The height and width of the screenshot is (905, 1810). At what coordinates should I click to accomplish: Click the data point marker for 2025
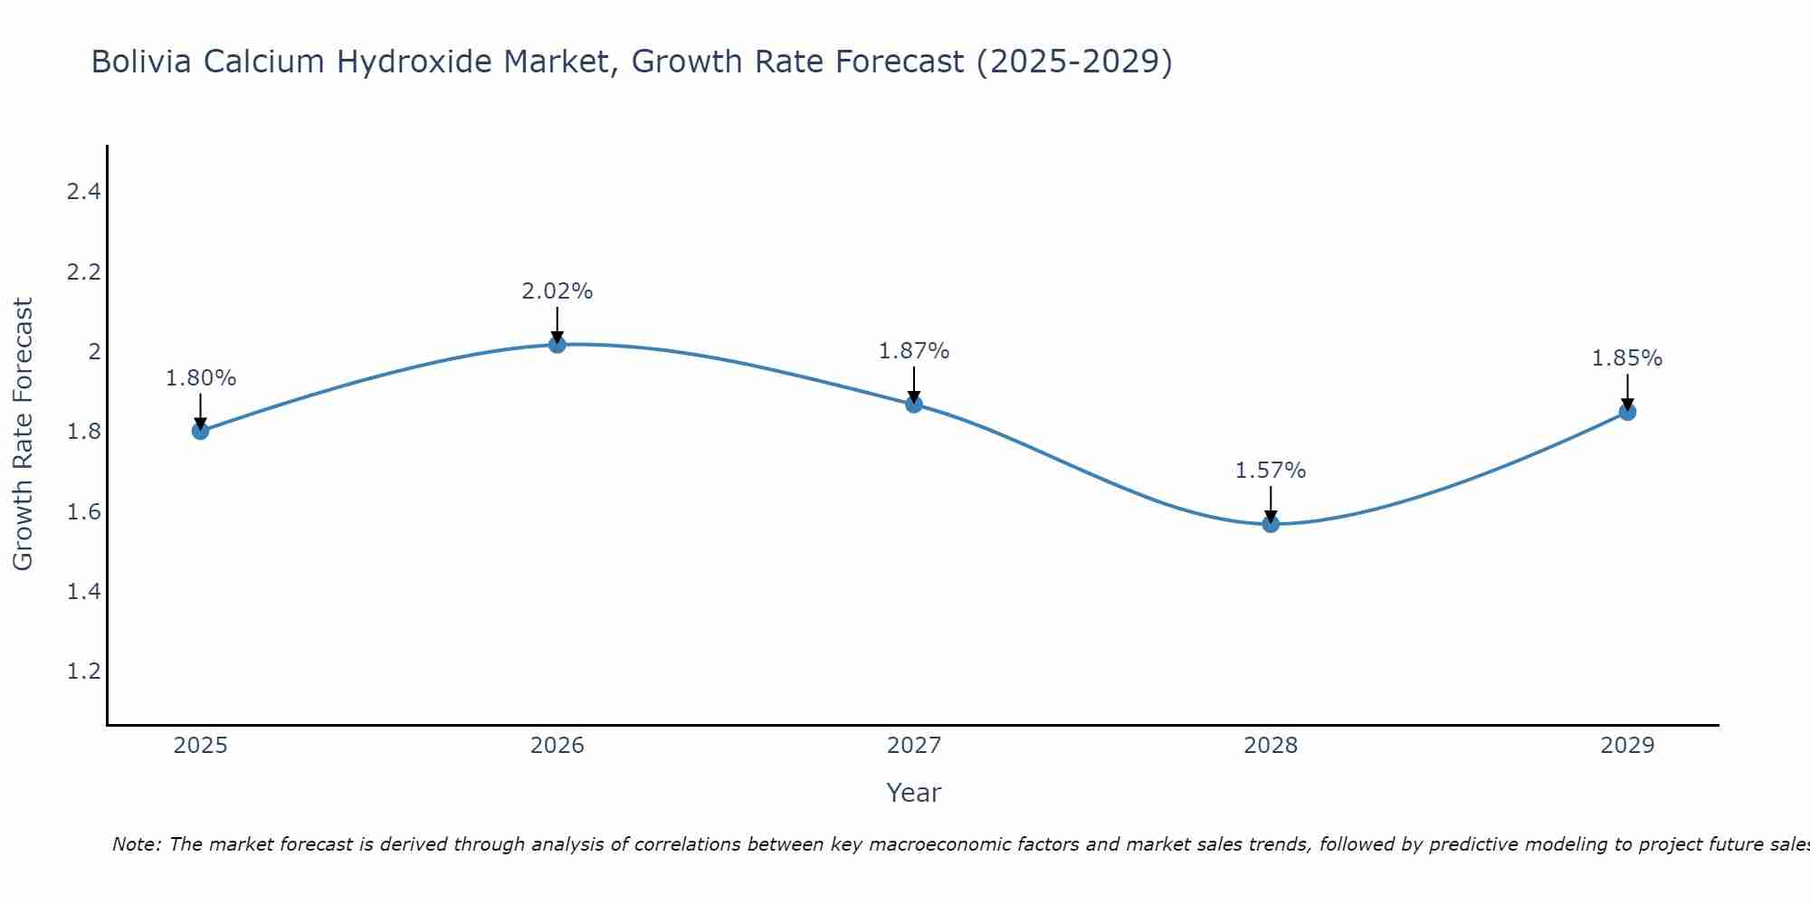pos(200,431)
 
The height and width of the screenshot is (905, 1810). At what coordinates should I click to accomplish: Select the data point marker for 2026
pos(557,344)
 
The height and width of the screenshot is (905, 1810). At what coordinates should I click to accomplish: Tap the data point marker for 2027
pos(914,405)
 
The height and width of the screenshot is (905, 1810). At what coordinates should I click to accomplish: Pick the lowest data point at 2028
pos(1271,524)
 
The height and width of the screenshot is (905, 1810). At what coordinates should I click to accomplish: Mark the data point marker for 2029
pos(1627,412)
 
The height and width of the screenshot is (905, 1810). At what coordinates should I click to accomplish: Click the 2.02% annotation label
pos(557,291)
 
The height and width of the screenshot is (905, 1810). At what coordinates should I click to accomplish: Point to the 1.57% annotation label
pos(1271,471)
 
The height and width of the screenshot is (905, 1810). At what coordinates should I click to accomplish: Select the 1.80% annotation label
pos(200,378)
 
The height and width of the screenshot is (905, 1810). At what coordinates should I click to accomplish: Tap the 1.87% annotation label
pos(914,351)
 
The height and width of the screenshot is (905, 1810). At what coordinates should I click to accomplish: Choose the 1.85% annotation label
pos(1627,358)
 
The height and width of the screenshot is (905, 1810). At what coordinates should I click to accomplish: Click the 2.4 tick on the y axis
pos(84,192)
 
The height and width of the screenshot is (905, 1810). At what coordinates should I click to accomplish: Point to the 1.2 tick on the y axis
pos(84,672)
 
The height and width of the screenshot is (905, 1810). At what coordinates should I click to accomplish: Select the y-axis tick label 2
pos(93,351)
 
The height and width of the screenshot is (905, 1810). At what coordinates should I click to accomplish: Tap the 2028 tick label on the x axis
pos(1271,746)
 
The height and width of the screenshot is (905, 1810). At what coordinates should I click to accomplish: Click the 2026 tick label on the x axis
pos(557,746)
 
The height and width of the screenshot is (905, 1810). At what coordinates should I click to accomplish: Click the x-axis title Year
pos(914,793)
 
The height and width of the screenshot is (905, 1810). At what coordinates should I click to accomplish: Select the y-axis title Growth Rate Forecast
pos(24,434)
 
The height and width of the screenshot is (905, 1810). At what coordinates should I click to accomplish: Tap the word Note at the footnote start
pos(136,844)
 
